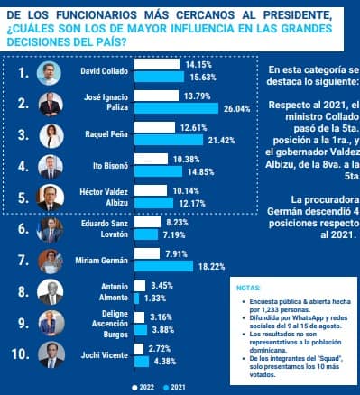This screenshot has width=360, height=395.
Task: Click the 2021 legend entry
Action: tap(184, 387)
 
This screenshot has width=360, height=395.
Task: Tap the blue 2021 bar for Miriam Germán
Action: tap(163, 267)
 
